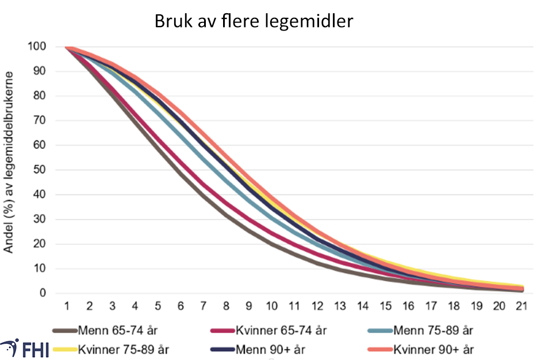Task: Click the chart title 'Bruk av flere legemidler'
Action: click(x=253, y=22)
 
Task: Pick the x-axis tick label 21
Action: click(x=521, y=306)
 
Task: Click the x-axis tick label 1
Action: click(x=67, y=306)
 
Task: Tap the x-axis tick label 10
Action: click(x=271, y=306)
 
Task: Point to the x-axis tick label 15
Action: click(x=385, y=306)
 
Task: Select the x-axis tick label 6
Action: click(x=181, y=306)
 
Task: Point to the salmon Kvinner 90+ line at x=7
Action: click(x=204, y=131)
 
